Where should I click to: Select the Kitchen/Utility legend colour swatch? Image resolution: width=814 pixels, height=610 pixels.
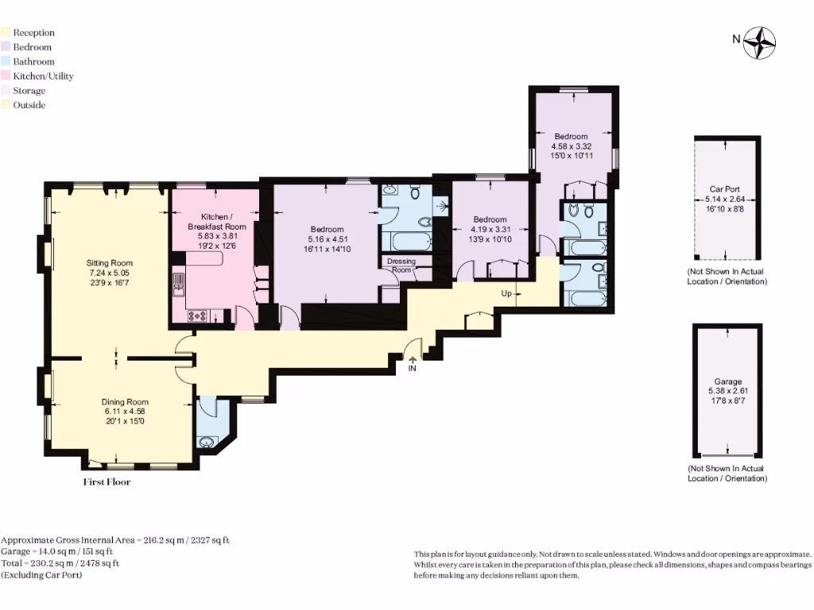tap(6, 76)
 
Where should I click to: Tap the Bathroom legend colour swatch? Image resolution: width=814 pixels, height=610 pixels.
tap(6, 62)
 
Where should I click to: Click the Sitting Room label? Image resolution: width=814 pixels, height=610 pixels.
tap(110, 263)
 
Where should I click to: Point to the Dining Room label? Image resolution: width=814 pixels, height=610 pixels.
tap(123, 401)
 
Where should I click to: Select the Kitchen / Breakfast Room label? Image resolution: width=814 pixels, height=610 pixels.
tap(212, 222)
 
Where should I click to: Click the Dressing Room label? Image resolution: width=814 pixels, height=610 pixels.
tap(401, 265)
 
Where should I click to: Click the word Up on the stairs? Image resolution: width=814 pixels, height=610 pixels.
tap(506, 293)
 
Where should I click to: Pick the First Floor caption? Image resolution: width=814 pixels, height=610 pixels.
tap(107, 482)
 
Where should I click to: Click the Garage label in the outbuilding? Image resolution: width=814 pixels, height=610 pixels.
tap(727, 381)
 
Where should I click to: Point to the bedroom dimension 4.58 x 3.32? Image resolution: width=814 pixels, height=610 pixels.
tap(572, 146)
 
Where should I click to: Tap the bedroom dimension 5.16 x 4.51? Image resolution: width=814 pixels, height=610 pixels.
tap(327, 239)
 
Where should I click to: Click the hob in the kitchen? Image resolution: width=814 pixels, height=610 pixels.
tap(196, 315)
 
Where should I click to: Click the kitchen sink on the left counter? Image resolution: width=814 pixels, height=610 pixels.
tap(177, 282)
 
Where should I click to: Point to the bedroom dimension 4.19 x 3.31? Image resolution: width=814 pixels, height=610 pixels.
tap(490, 230)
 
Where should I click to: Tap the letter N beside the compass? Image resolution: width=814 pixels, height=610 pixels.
tap(736, 39)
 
